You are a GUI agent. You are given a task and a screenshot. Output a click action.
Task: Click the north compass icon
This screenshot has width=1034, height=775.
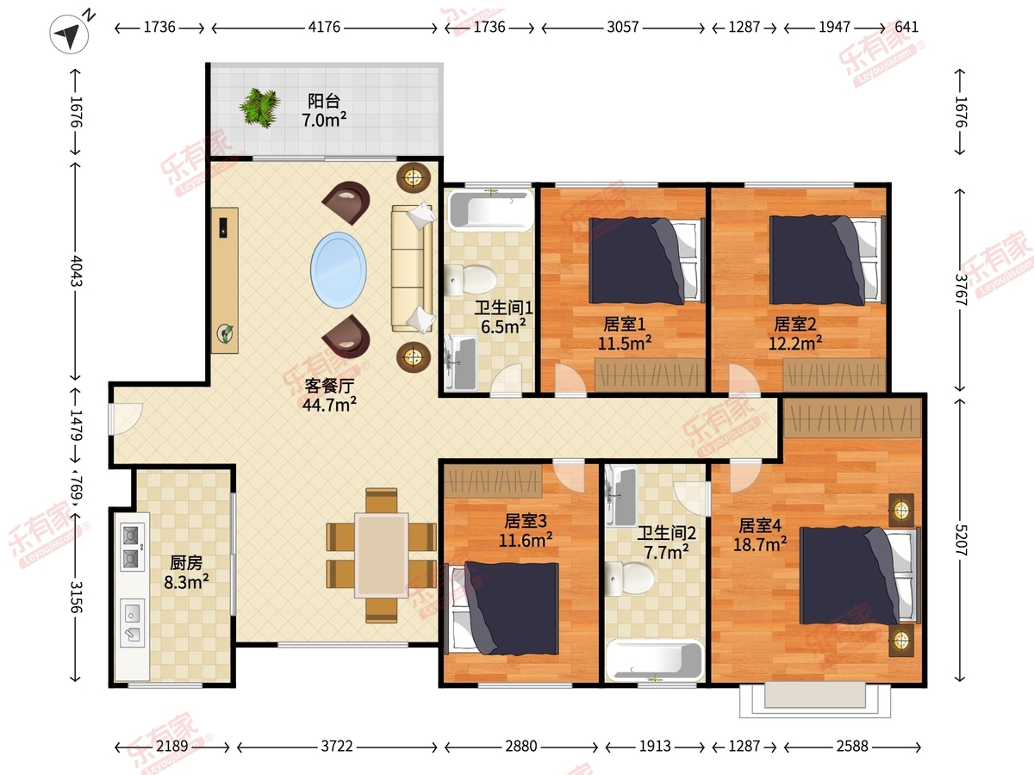69,34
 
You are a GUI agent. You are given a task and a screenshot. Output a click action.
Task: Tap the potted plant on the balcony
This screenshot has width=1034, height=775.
259,108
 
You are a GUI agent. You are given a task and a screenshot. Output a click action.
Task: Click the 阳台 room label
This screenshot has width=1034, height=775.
324,101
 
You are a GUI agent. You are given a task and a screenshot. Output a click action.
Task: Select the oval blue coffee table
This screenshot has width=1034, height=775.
339,270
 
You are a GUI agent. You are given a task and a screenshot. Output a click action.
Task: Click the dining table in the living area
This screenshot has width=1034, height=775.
382,555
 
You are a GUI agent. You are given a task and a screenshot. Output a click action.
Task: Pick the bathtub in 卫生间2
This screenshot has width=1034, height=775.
655,660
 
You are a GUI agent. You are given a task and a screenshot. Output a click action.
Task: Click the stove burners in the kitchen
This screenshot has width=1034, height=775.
132,548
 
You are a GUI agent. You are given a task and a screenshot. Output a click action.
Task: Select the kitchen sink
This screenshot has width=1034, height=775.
133,623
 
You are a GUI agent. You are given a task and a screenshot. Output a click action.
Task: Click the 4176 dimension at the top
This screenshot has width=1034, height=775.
324,28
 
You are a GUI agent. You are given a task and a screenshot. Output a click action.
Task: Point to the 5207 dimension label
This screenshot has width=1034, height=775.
961,540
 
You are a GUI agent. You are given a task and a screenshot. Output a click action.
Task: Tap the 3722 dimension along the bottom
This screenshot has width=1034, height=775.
337,747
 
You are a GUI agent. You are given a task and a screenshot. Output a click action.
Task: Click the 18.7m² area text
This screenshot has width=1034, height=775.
760,544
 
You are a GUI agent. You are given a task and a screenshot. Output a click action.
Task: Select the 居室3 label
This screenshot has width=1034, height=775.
526,521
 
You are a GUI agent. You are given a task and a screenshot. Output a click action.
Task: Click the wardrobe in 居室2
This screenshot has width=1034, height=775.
834,375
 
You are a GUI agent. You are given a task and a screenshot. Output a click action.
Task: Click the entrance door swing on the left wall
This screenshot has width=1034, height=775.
125,418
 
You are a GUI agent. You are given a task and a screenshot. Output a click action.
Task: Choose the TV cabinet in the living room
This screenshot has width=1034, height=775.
224,281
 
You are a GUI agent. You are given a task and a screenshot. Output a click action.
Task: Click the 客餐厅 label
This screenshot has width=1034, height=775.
329,386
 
